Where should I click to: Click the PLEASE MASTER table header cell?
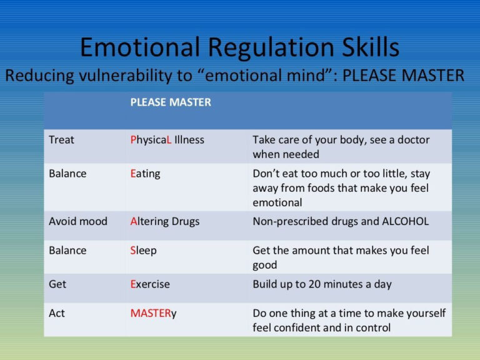pyautogui.click(x=170, y=102)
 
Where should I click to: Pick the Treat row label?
pyautogui.click(x=61, y=140)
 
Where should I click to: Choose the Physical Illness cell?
pyautogui.click(x=167, y=140)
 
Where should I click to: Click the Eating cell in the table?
pyautogui.click(x=145, y=174)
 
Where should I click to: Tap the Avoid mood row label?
pyautogui.click(x=77, y=221)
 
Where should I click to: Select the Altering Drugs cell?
pyautogui.click(x=164, y=221)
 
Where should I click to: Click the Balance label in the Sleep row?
pyautogui.click(x=67, y=251)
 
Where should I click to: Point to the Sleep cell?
pyautogui.click(x=143, y=251)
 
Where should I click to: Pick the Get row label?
pyautogui.click(x=57, y=284)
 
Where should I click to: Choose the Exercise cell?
pyautogui.click(x=150, y=284)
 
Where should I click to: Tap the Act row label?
pyautogui.click(x=56, y=313)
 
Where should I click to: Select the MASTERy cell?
pyautogui.click(x=153, y=313)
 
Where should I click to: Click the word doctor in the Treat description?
pyautogui.click(x=413, y=140)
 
